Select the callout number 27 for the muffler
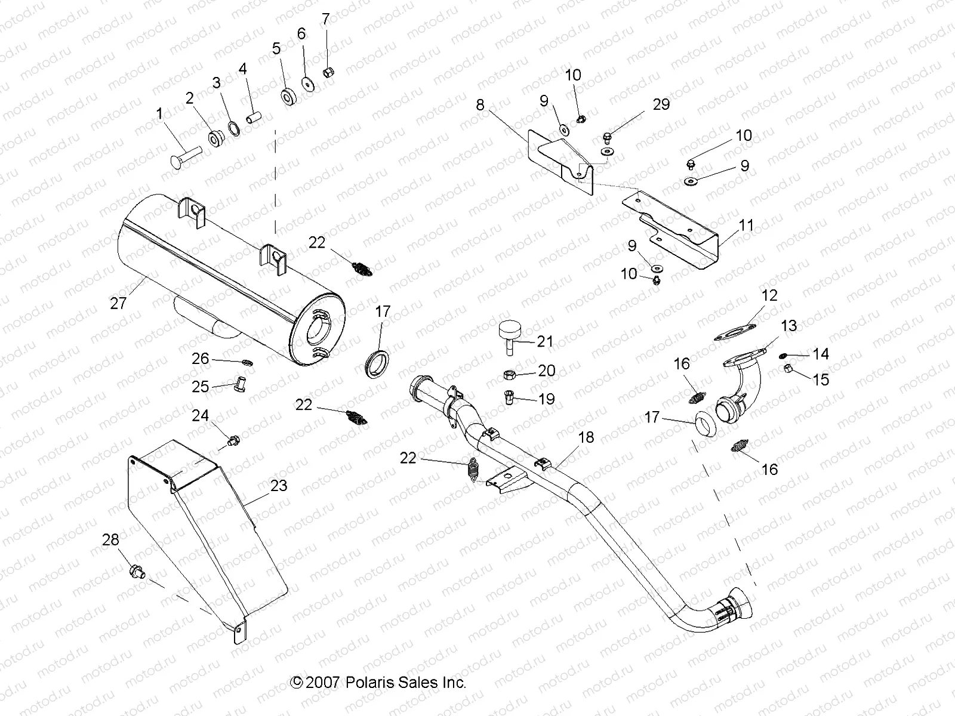click(118, 303)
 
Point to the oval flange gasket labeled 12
click(735, 332)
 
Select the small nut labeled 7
click(328, 72)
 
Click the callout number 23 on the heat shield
click(278, 486)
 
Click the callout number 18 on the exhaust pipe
click(586, 437)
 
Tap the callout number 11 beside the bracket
click(746, 226)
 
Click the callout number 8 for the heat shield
click(480, 106)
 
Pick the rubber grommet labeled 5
click(289, 96)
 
